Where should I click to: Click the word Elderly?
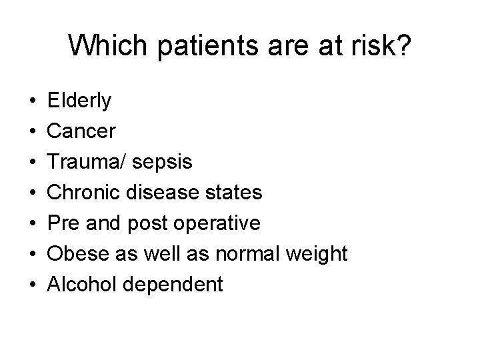(x=80, y=101)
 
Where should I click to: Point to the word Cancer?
(x=81, y=131)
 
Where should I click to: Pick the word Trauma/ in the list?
(x=86, y=162)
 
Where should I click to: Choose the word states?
(x=237, y=193)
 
